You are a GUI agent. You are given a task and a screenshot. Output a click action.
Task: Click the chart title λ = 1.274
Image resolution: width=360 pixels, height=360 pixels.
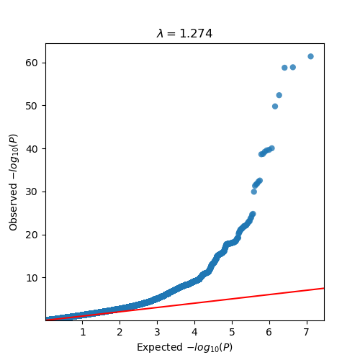tap(184, 34)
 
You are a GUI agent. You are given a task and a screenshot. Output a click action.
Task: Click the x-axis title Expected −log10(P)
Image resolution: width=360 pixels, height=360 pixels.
tap(184, 347)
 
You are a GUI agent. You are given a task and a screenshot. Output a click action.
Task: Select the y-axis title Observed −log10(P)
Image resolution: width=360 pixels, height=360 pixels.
tap(14, 181)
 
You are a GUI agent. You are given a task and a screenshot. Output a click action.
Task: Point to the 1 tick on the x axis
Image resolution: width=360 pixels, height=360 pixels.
tap(83, 331)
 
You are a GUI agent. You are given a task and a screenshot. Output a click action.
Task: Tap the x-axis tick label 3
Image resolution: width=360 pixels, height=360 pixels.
tap(157, 331)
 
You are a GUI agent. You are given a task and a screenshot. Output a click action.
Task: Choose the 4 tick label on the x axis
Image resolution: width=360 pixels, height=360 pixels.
tap(194, 331)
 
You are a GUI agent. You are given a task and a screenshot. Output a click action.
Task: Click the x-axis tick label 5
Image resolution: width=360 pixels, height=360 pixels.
tap(232, 331)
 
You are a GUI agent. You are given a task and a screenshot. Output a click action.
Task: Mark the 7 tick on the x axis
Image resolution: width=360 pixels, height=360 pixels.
tap(307, 331)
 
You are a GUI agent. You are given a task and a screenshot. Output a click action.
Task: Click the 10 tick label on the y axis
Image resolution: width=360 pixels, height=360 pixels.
tap(34, 277)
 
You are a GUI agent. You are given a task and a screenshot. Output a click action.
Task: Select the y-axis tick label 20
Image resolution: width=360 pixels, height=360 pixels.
tap(34, 235)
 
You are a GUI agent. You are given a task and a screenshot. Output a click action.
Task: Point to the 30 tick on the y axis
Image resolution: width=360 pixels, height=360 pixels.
tap(34, 192)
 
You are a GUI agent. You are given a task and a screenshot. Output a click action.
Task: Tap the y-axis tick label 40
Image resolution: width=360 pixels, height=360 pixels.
tap(34, 148)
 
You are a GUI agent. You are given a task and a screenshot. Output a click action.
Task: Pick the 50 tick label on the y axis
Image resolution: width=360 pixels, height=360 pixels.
tap(34, 106)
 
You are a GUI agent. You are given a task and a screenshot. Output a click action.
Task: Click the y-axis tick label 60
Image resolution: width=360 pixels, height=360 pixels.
tap(34, 63)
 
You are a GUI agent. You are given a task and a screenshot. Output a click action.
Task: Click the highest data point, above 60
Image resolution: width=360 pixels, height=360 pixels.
tap(310, 56)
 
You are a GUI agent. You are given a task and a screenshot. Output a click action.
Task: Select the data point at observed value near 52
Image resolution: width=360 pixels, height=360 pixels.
tap(279, 95)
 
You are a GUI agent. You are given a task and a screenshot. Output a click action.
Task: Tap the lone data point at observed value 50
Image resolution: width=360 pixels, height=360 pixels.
tap(275, 106)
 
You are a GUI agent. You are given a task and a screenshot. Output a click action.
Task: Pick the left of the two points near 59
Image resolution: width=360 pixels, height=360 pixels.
tap(284, 68)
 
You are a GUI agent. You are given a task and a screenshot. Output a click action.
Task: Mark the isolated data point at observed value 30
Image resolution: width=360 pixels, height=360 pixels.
tap(253, 192)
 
